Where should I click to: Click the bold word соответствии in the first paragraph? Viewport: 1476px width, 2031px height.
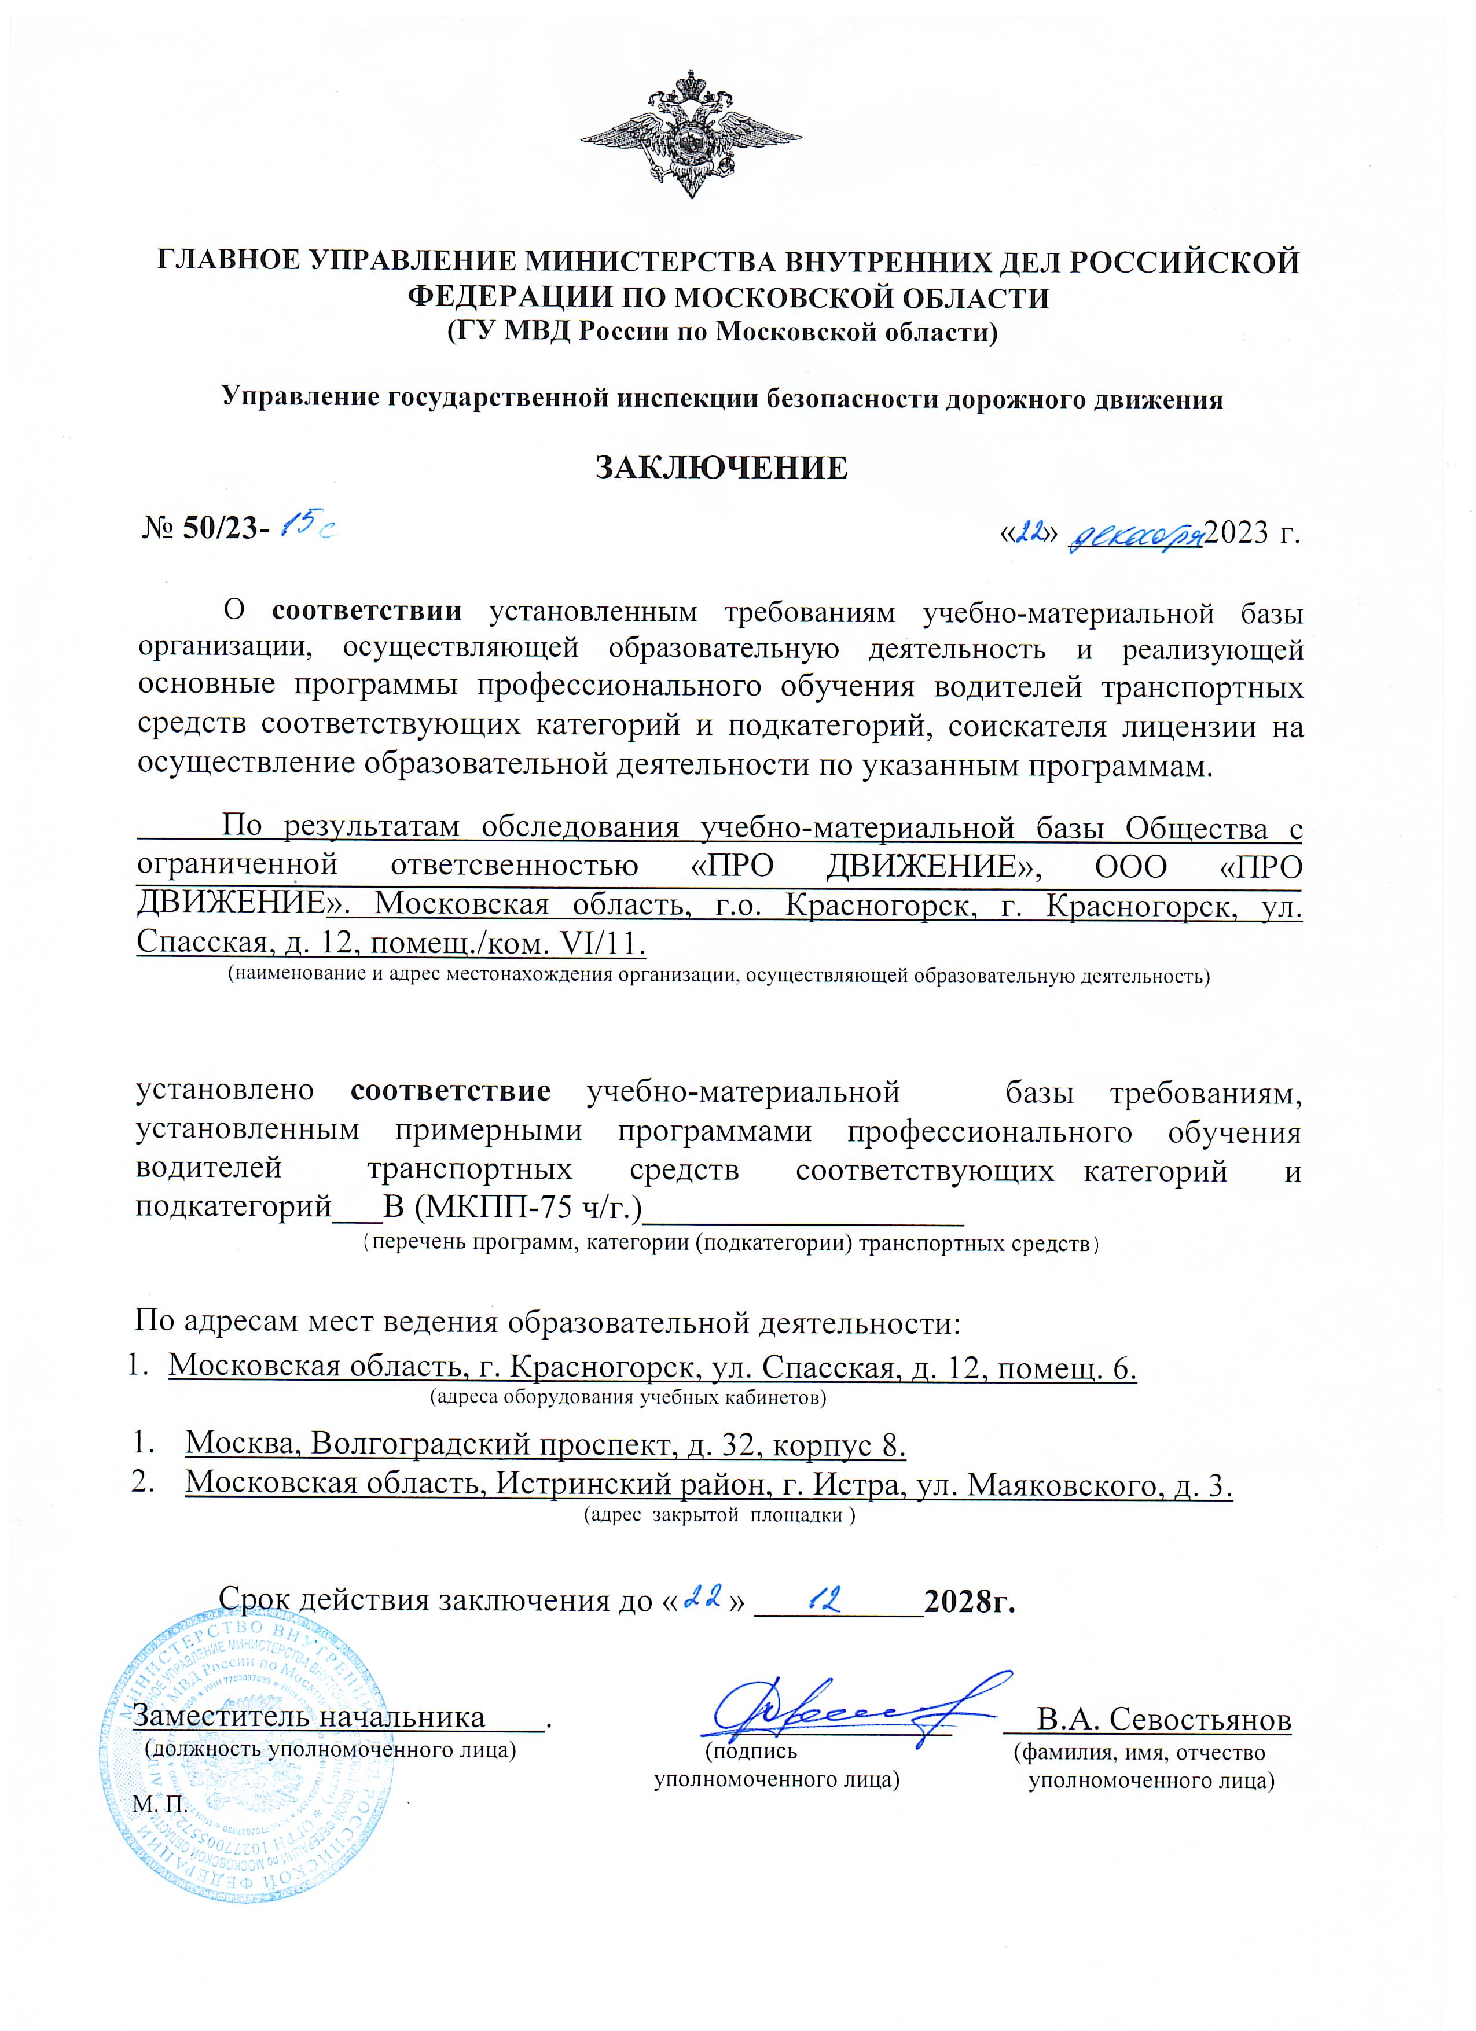pyautogui.click(x=367, y=612)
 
